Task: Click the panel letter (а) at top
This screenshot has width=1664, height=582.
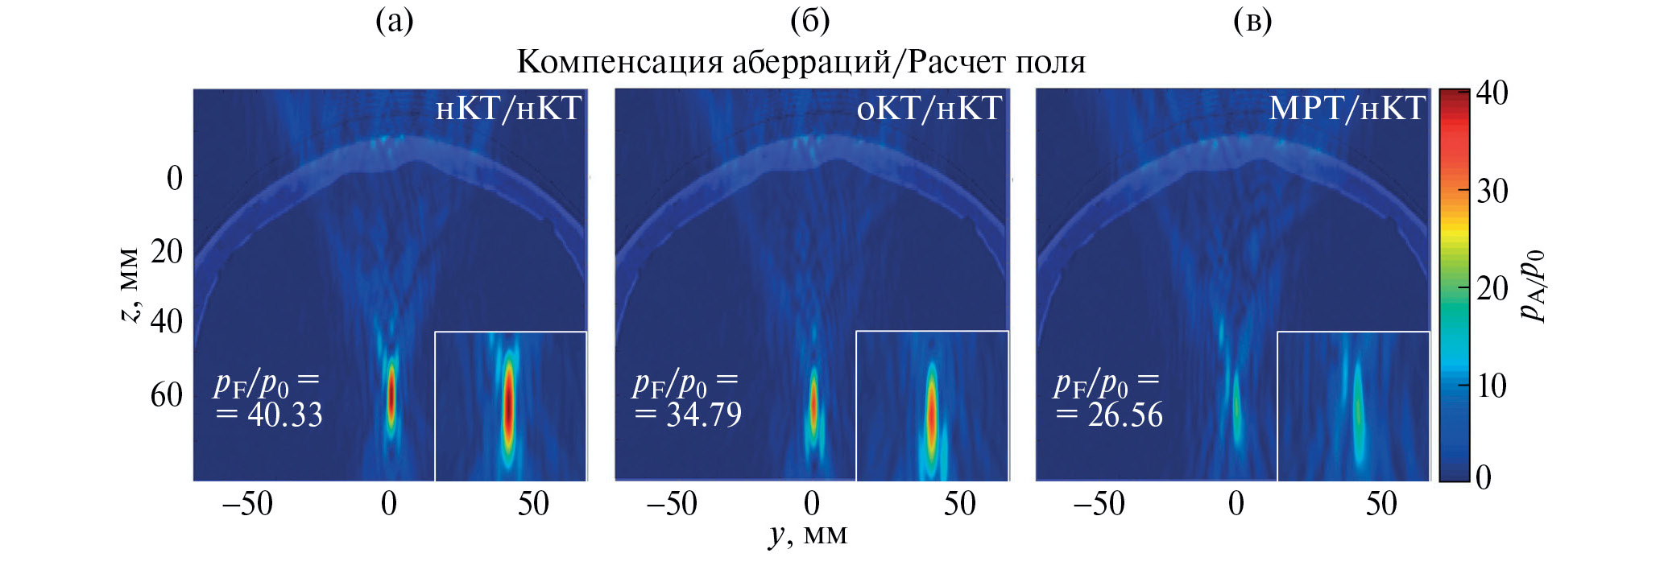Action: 395,21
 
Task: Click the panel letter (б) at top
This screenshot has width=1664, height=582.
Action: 809,21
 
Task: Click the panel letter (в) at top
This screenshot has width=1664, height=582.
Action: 1252,21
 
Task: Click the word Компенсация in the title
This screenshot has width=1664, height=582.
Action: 619,62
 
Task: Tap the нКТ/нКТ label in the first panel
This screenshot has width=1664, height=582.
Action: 508,109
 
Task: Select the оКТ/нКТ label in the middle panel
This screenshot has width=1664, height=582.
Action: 929,109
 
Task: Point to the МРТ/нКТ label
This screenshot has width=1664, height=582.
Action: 1347,109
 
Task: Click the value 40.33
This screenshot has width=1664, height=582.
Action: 284,415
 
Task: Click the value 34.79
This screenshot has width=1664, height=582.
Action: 703,415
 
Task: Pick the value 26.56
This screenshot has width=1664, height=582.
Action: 1124,415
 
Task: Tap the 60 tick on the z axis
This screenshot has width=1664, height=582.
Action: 167,395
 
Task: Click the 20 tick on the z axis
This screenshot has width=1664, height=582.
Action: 167,252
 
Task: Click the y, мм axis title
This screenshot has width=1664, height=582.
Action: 808,535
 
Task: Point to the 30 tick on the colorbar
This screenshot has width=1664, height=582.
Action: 1492,192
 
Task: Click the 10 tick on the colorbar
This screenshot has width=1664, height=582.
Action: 1492,386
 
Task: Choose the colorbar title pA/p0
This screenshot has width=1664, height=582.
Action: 1532,286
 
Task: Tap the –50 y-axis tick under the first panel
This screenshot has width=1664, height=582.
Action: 247,505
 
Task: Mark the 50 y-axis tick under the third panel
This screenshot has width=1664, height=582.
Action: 1381,505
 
